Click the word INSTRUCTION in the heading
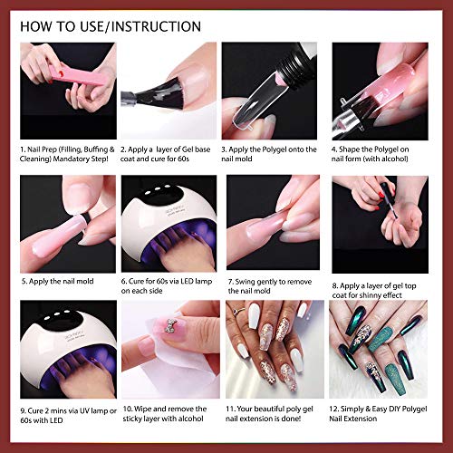[157, 26]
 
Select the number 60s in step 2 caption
[183, 159]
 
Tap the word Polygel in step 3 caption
[275, 149]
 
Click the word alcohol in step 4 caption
[392, 159]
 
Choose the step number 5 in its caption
[24, 282]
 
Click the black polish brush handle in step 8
[386, 189]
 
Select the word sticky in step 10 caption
[133, 419]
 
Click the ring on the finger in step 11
[238, 310]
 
